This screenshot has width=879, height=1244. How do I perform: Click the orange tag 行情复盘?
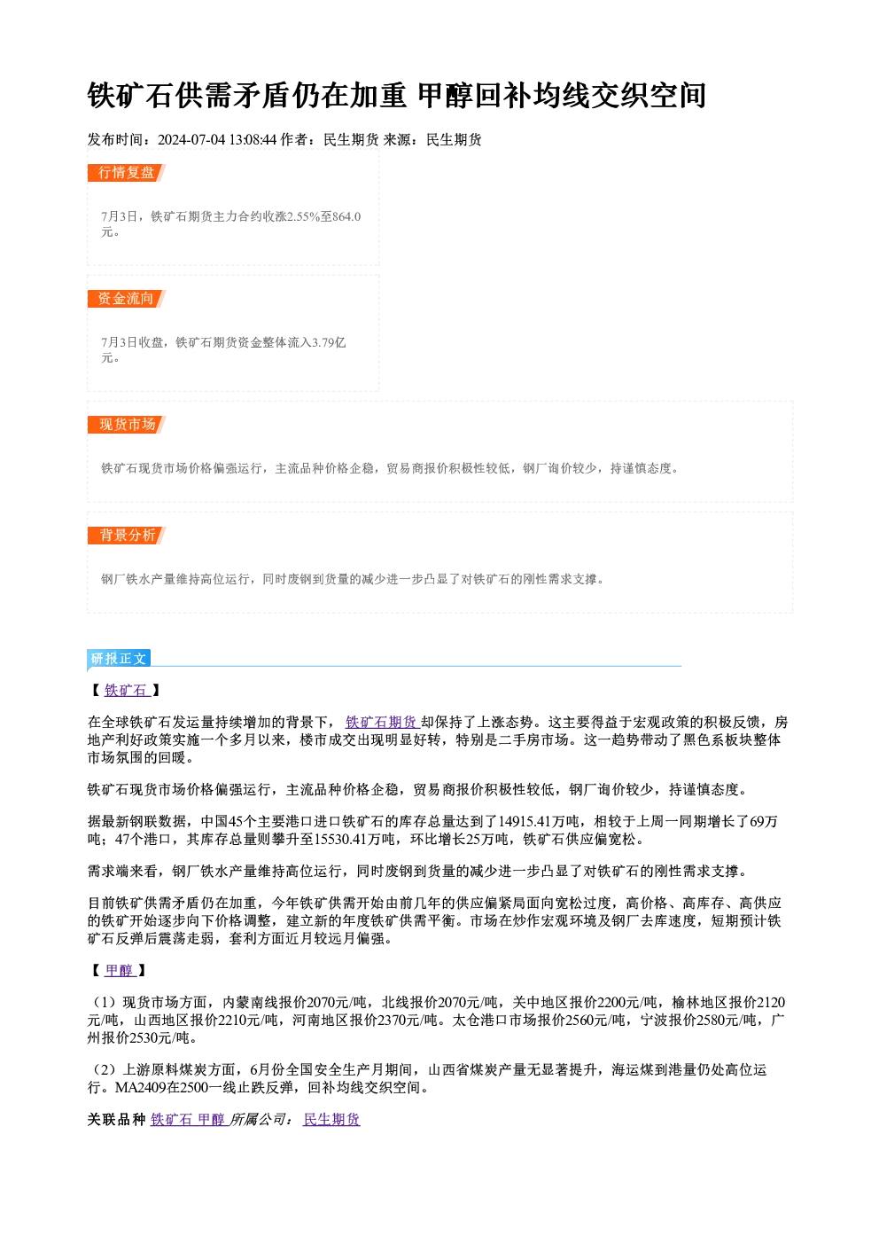click(x=127, y=173)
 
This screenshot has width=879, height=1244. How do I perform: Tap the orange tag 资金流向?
click(x=127, y=299)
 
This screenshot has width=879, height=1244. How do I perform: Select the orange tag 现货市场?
click(x=127, y=425)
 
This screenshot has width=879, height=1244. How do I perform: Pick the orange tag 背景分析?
click(x=127, y=536)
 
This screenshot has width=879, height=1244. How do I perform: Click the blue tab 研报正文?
click(x=119, y=659)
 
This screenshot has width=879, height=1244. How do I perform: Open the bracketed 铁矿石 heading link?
click(x=126, y=691)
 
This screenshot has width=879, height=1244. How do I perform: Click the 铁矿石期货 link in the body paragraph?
click(x=381, y=722)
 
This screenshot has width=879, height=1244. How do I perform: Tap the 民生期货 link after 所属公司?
click(x=331, y=1119)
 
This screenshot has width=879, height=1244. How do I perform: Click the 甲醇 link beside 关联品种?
click(x=212, y=1119)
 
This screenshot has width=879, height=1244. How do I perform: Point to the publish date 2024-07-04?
click(x=191, y=140)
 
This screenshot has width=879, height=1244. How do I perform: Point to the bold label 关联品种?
click(x=116, y=1119)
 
